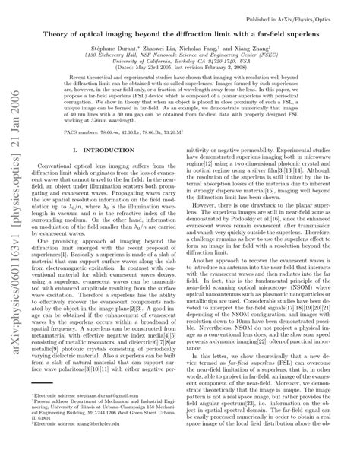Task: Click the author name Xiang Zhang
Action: click(x=270, y=48)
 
